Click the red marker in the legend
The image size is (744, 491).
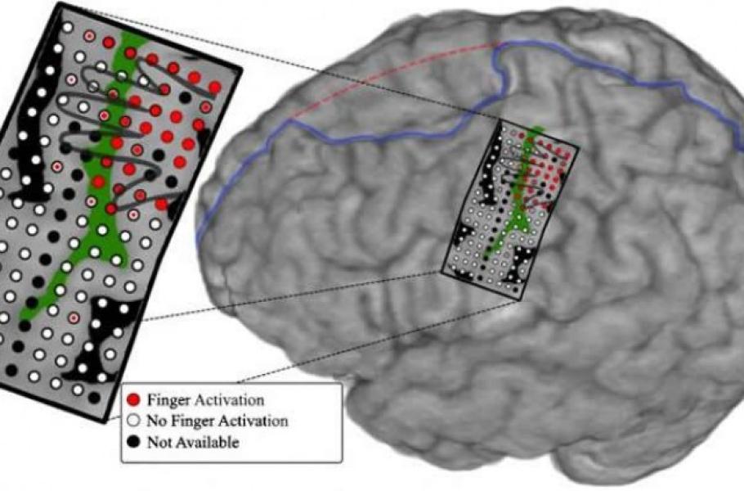pyautogui.click(x=134, y=400)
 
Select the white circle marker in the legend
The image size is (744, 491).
pyautogui.click(x=134, y=421)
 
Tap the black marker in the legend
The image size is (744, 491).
pyautogui.click(x=134, y=443)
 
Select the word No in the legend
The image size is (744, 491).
pyautogui.click(x=157, y=421)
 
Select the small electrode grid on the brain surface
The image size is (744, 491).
pyautogui.click(x=511, y=209)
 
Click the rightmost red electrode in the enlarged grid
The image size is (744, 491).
pyautogui.click(x=214, y=87)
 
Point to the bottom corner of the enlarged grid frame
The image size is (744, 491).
pyautogui.click(x=106, y=421)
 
